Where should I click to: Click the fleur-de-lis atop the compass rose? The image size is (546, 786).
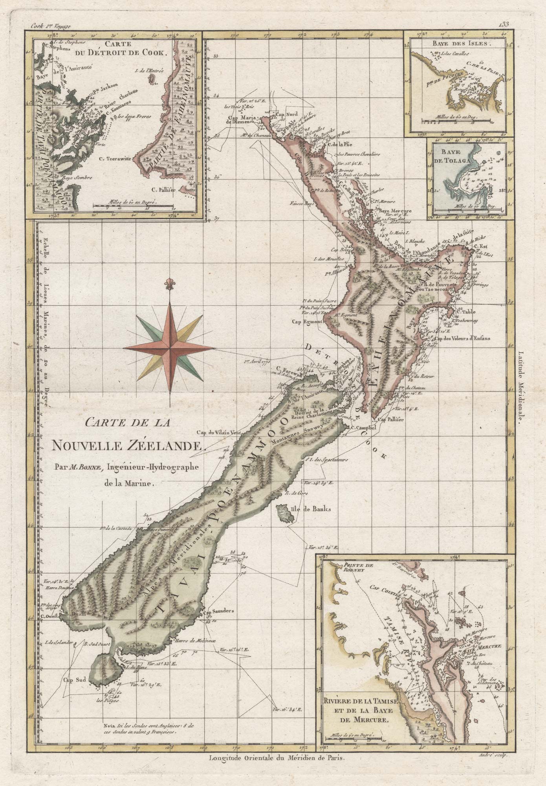170,283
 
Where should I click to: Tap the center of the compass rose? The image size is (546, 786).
170,347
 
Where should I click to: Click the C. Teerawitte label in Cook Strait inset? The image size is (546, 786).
116,159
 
